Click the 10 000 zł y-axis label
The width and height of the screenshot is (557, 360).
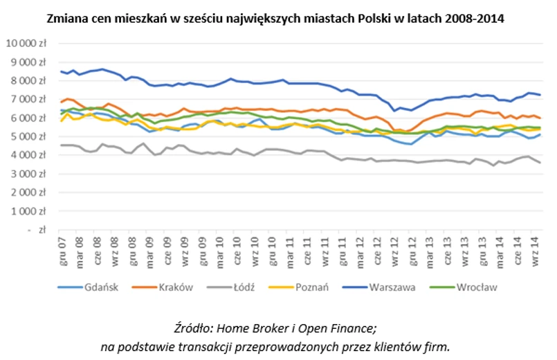25,43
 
